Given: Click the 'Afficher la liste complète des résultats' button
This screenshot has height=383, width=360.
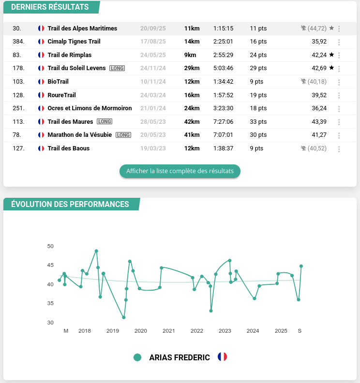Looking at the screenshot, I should pyautogui.click(x=180, y=171).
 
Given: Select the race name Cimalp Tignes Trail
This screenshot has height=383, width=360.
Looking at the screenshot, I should pyautogui.click(x=74, y=42).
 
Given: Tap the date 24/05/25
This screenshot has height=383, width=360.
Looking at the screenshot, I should pyautogui.click(x=153, y=55).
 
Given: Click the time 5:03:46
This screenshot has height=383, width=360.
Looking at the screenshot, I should pyautogui.click(x=223, y=68).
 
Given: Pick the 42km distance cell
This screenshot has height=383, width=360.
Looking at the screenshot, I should pyautogui.click(x=192, y=122).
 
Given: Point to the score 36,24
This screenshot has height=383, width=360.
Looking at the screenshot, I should pyautogui.click(x=319, y=108).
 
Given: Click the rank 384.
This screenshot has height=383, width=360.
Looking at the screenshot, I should pyautogui.click(x=18, y=42).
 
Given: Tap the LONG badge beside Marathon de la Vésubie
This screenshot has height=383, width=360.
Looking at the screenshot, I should pyautogui.click(x=123, y=135).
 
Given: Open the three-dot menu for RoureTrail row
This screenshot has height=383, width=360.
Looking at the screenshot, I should pyautogui.click(x=339, y=95).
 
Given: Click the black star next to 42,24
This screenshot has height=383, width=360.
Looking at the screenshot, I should pyautogui.click(x=331, y=55).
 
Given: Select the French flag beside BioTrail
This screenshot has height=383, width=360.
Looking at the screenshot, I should pyautogui.click(x=41, y=82).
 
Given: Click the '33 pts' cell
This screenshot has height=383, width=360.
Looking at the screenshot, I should pyautogui.click(x=258, y=122).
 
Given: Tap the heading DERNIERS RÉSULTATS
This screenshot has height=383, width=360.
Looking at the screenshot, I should pyautogui.click(x=50, y=7).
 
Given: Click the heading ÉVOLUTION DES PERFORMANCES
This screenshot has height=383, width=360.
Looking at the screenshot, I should pyautogui.click(x=70, y=204).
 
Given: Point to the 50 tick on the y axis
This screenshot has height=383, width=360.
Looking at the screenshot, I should pyautogui.click(x=51, y=246).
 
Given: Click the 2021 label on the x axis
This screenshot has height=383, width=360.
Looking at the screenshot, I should pyautogui.click(x=169, y=331).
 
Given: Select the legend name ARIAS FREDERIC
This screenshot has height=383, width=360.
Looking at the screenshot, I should pyautogui.click(x=180, y=357).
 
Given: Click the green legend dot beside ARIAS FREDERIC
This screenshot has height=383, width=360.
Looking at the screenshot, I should pyautogui.click(x=137, y=357).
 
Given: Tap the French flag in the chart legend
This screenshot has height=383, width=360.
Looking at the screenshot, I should pyautogui.click(x=222, y=357).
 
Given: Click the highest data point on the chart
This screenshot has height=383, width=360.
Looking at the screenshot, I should pyautogui.click(x=96, y=251).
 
